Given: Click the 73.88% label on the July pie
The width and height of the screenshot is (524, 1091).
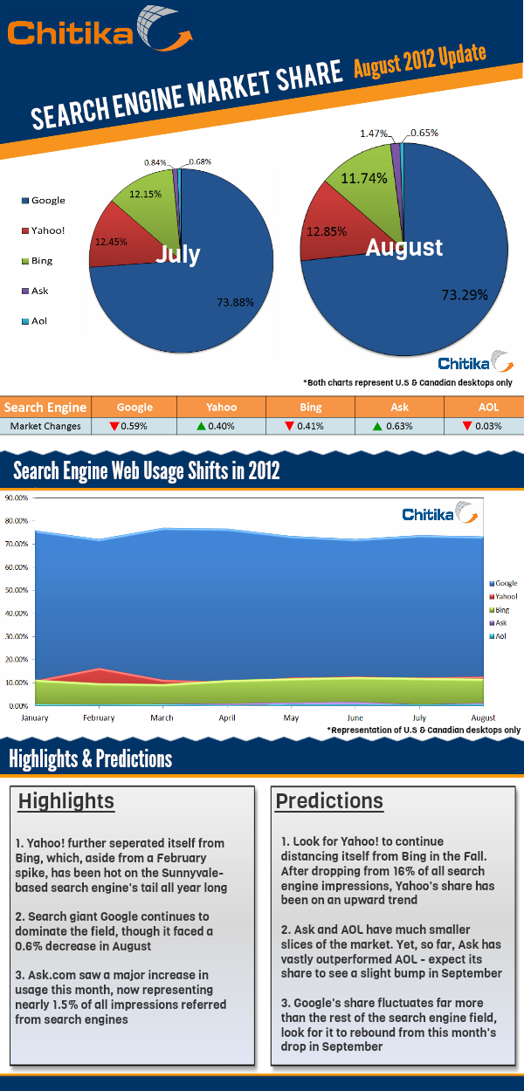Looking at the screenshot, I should [235, 303].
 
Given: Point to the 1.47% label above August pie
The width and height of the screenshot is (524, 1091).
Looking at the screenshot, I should [374, 134].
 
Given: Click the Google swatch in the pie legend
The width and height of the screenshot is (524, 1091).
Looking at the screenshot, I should [24, 201].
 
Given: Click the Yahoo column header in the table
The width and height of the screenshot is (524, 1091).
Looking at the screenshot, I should [221, 408].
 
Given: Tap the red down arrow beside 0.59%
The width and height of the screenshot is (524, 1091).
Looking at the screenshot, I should [114, 426].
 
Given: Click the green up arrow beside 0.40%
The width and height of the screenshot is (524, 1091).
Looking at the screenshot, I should [202, 426].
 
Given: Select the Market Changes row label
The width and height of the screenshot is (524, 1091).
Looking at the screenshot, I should [45, 426].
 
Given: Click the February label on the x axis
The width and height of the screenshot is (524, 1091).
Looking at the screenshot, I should [100, 717].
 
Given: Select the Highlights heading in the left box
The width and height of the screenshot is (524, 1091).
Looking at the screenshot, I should [66, 801].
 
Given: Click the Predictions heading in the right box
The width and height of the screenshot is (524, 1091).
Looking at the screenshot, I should [329, 800].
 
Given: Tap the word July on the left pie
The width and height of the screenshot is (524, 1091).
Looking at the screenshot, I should [177, 255].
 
